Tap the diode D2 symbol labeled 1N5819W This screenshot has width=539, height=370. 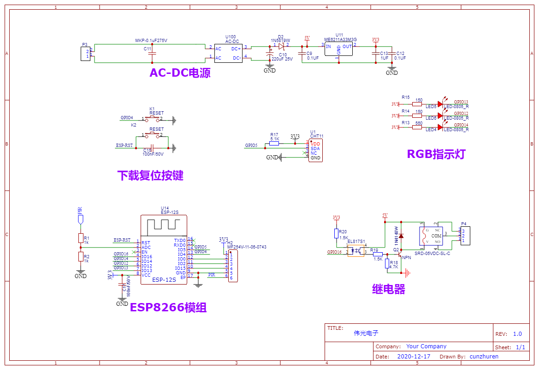(281, 46)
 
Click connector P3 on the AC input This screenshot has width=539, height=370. (85, 54)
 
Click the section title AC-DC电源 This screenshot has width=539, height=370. (180, 73)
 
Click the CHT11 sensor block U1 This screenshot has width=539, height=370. (315, 151)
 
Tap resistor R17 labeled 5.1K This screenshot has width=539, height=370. (274, 144)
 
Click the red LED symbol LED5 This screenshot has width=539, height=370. (440, 104)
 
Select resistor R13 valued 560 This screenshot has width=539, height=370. (417, 127)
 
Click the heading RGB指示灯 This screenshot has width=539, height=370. (436, 154)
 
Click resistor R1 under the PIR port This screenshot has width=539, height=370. (81, 238)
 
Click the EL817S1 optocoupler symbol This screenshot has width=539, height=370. (356, 251)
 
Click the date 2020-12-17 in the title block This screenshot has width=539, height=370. (414, 356)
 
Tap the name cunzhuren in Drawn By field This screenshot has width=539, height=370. (484, 356)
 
